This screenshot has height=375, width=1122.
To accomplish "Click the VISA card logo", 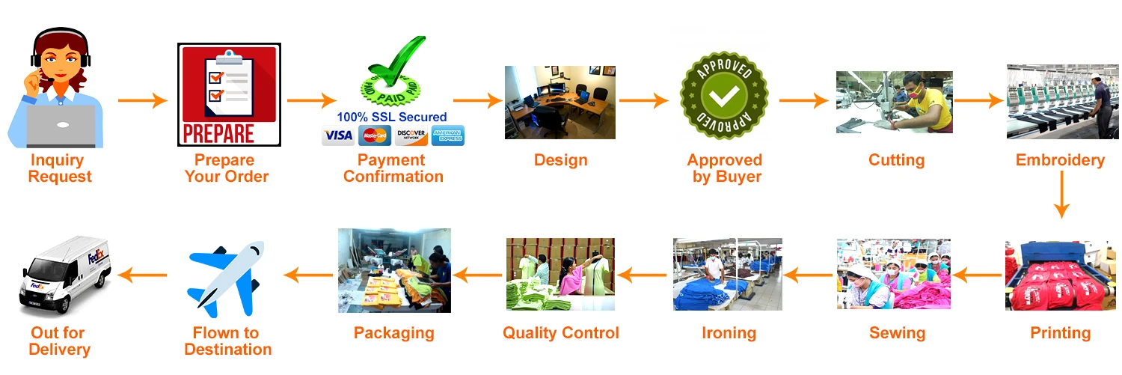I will [338, 135].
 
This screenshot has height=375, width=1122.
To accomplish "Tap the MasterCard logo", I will [375, 135].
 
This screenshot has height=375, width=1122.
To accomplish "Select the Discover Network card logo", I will [411, 135].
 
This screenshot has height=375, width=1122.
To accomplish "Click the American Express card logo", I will [448, 135].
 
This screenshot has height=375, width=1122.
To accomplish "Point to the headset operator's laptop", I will [61, 126].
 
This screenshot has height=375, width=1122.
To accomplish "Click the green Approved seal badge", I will [724, 94].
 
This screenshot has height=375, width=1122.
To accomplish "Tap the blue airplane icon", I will [225, 279].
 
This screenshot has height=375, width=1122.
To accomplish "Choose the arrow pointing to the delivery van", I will [144, 275].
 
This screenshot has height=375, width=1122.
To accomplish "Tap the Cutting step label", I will [896, 160].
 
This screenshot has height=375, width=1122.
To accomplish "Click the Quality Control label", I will [560, 333].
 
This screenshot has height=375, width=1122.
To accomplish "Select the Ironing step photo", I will [727, 274].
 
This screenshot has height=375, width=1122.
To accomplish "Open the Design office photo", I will [560, 103].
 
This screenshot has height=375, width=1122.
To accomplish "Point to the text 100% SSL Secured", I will [391, 118].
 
